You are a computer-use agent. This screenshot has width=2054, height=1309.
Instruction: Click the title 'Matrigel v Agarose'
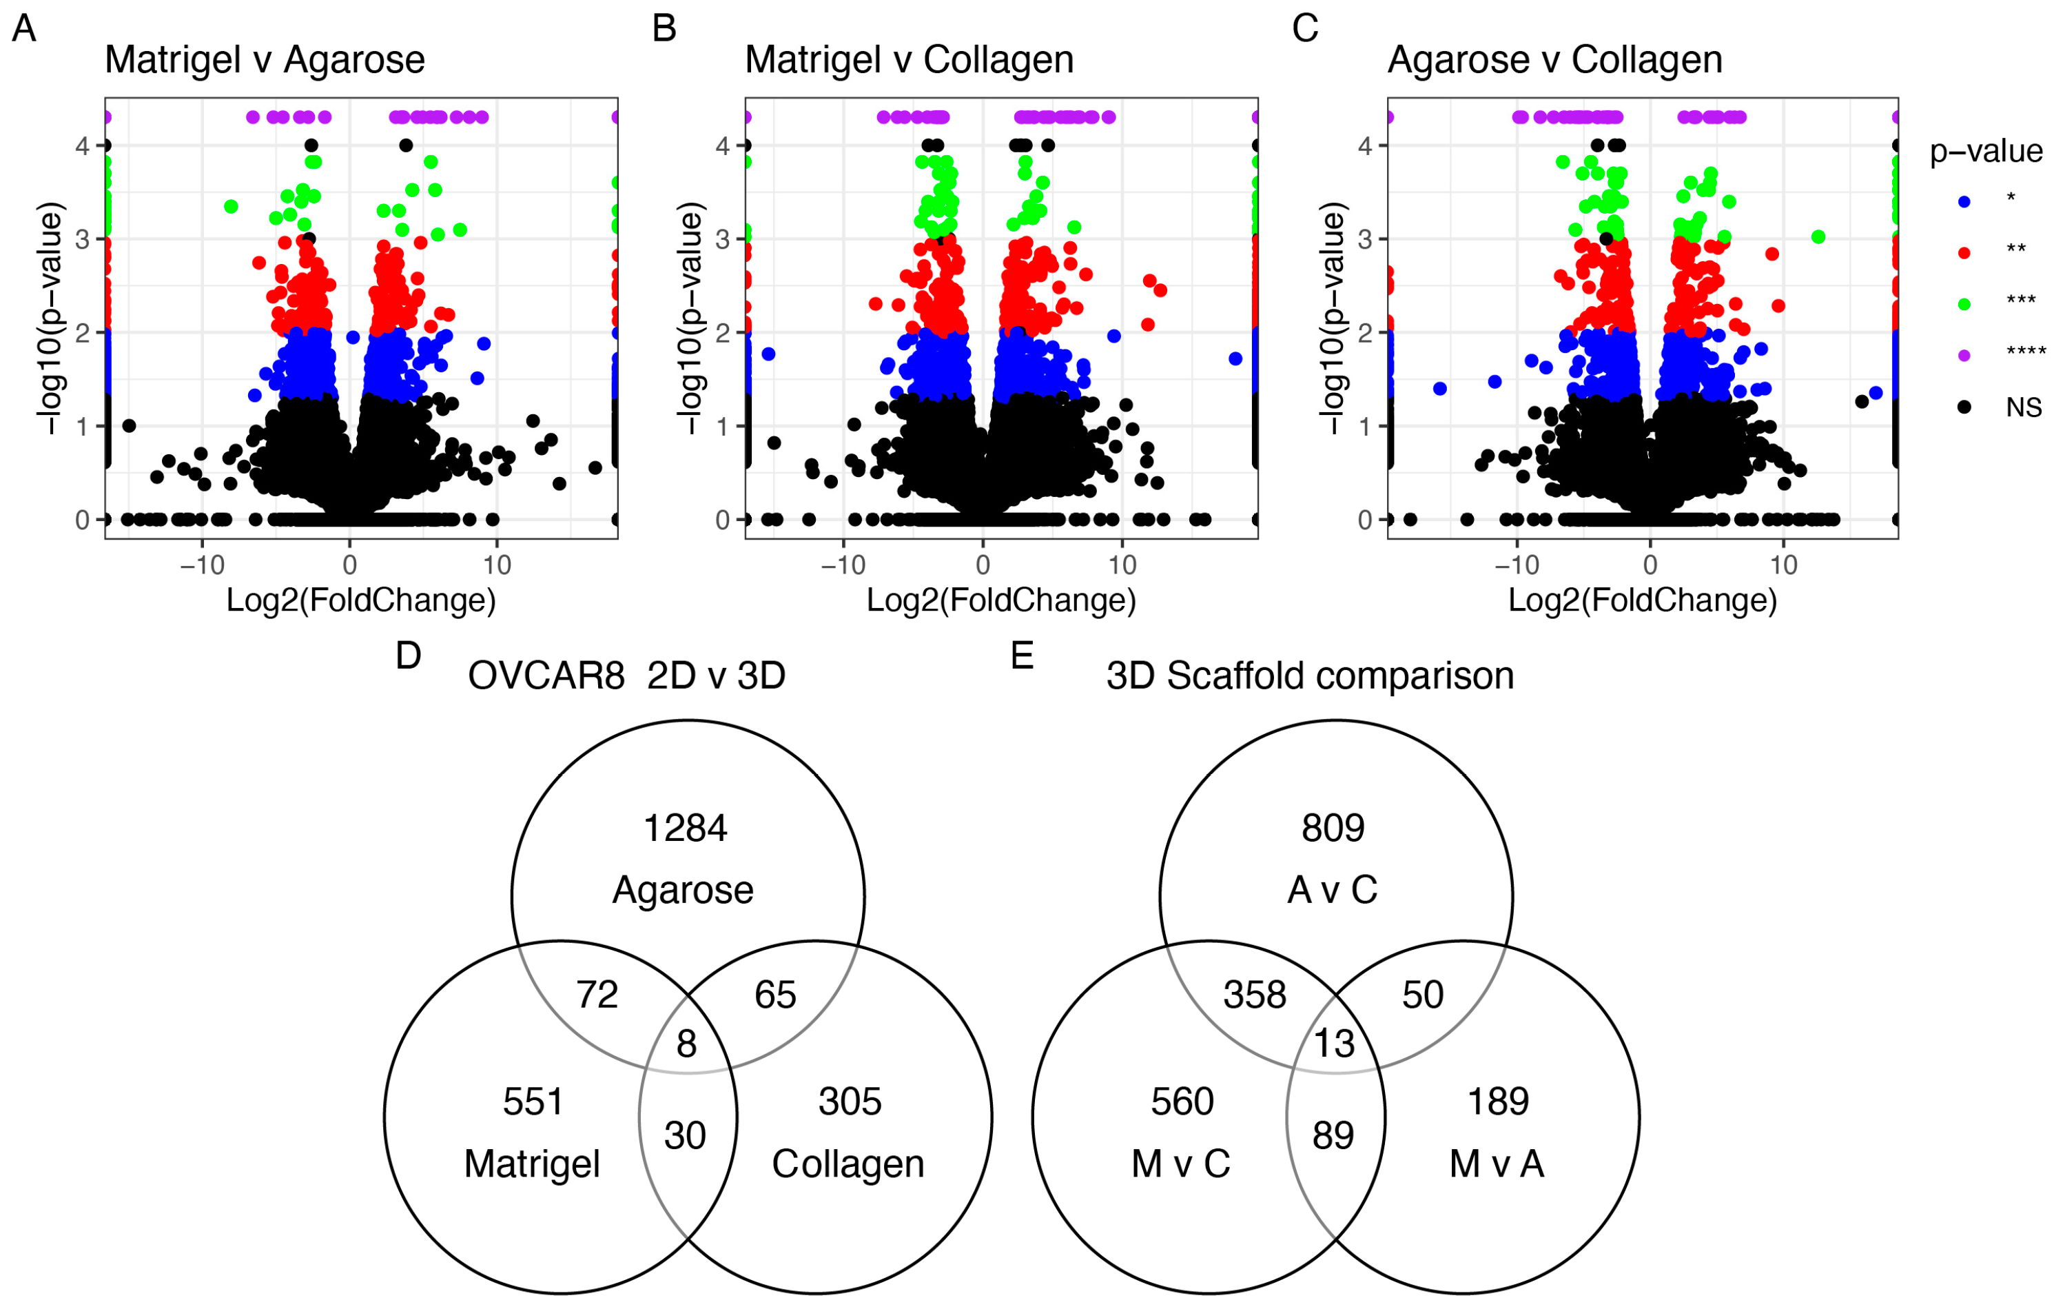click(x=265, y=61)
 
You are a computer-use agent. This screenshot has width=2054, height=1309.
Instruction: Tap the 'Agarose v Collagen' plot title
click(x=1554, y=61)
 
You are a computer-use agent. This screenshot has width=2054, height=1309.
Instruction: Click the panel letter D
click(x=409, y=656)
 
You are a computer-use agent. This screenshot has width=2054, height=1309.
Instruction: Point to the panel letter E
click(x=1021, y=656)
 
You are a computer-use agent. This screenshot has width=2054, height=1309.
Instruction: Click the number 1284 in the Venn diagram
click(x=685, y=829)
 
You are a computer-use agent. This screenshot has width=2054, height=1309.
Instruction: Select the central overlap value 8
click(x=687, y=1044)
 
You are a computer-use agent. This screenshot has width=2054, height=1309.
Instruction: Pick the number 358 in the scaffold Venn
click(x=1254, y=995)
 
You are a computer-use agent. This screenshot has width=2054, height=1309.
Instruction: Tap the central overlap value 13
click(x=1334, y=1044)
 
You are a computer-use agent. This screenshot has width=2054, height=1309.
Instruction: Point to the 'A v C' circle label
click(x=1333, y=890)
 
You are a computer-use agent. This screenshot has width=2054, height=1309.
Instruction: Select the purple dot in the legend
click(x=1964, y=355)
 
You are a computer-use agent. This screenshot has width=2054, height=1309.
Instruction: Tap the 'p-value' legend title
click(x=1986, y=151)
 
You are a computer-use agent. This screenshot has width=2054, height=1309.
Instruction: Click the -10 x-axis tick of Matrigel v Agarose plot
click(x=202, y=565)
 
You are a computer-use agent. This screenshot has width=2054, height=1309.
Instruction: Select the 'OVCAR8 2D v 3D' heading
click(x=626, y=676)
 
